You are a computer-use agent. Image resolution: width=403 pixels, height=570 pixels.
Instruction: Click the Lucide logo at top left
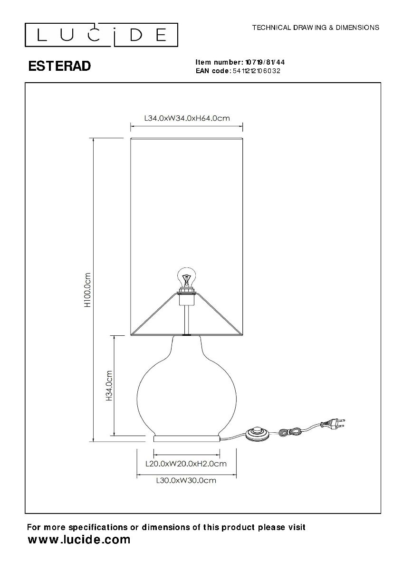point(101,34)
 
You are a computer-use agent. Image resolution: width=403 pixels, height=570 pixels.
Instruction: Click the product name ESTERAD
point(59,66)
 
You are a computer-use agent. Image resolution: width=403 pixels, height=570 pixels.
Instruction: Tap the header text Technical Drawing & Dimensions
point(315,28)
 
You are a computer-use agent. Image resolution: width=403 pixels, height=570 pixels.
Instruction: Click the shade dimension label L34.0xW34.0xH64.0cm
point(186,118)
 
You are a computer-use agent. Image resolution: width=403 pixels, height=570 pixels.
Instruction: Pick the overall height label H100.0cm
point(87,290)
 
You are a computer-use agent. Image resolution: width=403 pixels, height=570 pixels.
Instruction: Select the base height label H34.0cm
point(109,386)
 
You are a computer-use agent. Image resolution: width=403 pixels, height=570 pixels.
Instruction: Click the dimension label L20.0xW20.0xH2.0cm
point(185,463)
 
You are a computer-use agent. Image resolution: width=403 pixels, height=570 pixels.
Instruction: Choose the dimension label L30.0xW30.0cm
point(186,480)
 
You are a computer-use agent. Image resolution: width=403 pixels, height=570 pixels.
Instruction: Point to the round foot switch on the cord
point(257,433)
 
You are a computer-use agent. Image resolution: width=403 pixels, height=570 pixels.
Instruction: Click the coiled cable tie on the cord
point(290,431)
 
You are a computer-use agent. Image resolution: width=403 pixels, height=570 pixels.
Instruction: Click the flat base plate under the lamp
point(187,437)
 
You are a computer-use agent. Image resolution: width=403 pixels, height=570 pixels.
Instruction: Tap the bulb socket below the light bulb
point(186,296)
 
